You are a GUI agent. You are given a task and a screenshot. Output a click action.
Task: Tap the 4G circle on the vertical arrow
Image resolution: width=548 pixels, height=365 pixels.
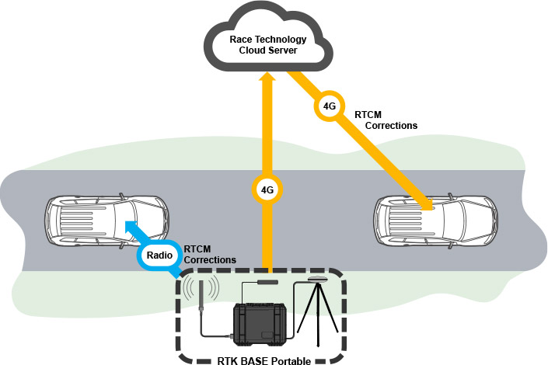267,189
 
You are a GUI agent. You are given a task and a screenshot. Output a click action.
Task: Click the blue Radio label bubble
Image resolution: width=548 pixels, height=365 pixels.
159,254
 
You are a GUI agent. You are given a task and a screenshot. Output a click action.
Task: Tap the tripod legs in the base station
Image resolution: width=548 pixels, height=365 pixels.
319,318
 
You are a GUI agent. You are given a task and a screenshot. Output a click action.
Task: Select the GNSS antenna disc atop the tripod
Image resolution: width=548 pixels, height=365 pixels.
318,278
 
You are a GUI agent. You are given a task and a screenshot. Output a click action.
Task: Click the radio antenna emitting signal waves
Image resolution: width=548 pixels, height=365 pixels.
201,297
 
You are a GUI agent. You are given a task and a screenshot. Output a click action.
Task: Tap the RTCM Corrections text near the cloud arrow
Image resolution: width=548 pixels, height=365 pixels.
386,120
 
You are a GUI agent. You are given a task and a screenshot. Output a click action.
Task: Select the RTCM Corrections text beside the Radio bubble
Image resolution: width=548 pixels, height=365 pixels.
210,254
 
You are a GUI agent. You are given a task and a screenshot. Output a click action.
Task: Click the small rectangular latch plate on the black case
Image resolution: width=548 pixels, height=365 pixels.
268,335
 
